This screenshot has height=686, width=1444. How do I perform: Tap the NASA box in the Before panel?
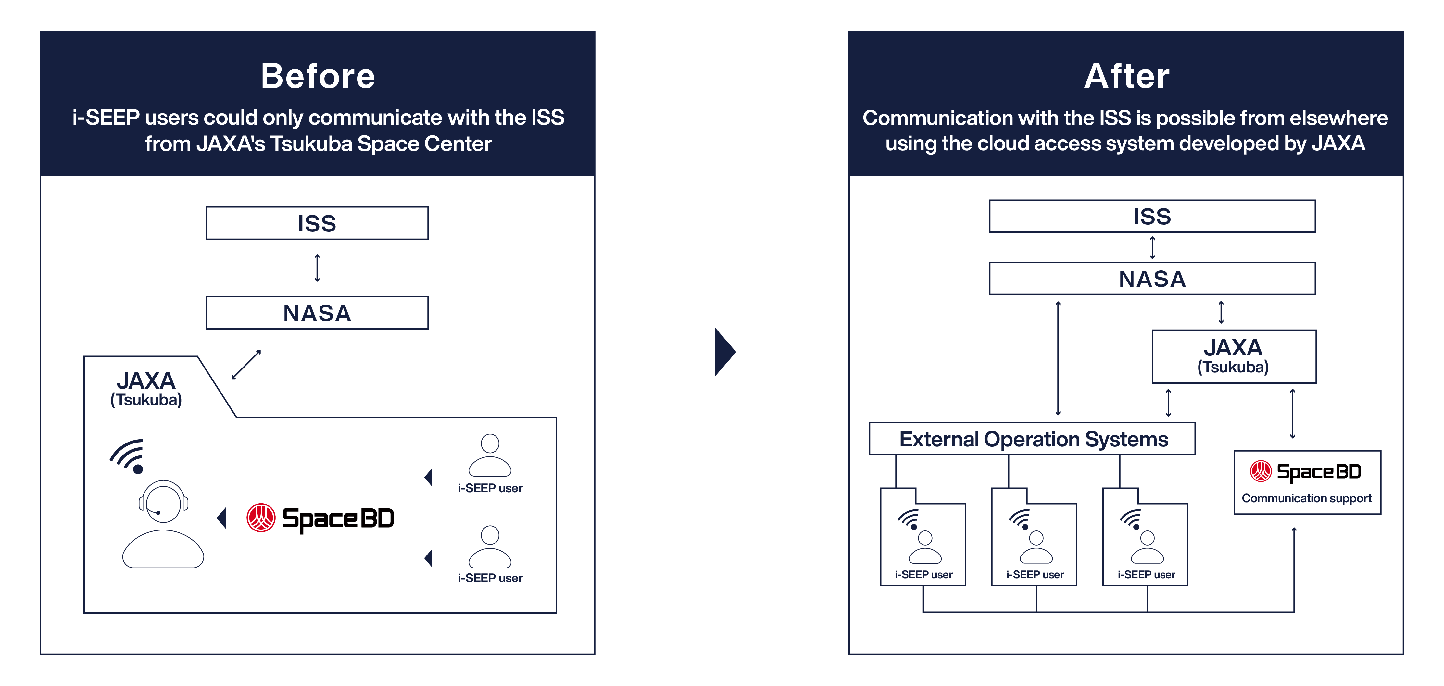(x=317, y=313)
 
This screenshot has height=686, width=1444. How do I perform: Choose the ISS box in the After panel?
(x=1152, y=216)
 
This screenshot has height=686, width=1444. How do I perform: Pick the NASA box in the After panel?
(x=1152, y=279)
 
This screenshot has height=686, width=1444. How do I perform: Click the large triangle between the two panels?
(x=724, y=352)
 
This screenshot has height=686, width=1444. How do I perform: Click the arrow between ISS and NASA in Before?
(x=317, y=268)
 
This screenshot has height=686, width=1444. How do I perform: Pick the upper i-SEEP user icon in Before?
(x=490, y=455)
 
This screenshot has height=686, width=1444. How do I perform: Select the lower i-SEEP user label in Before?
(x=490, y=578)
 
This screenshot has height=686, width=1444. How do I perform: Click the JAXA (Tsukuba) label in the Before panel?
(x=146, y=388)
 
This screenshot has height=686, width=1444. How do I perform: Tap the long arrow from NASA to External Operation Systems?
(x=1058, y=359)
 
